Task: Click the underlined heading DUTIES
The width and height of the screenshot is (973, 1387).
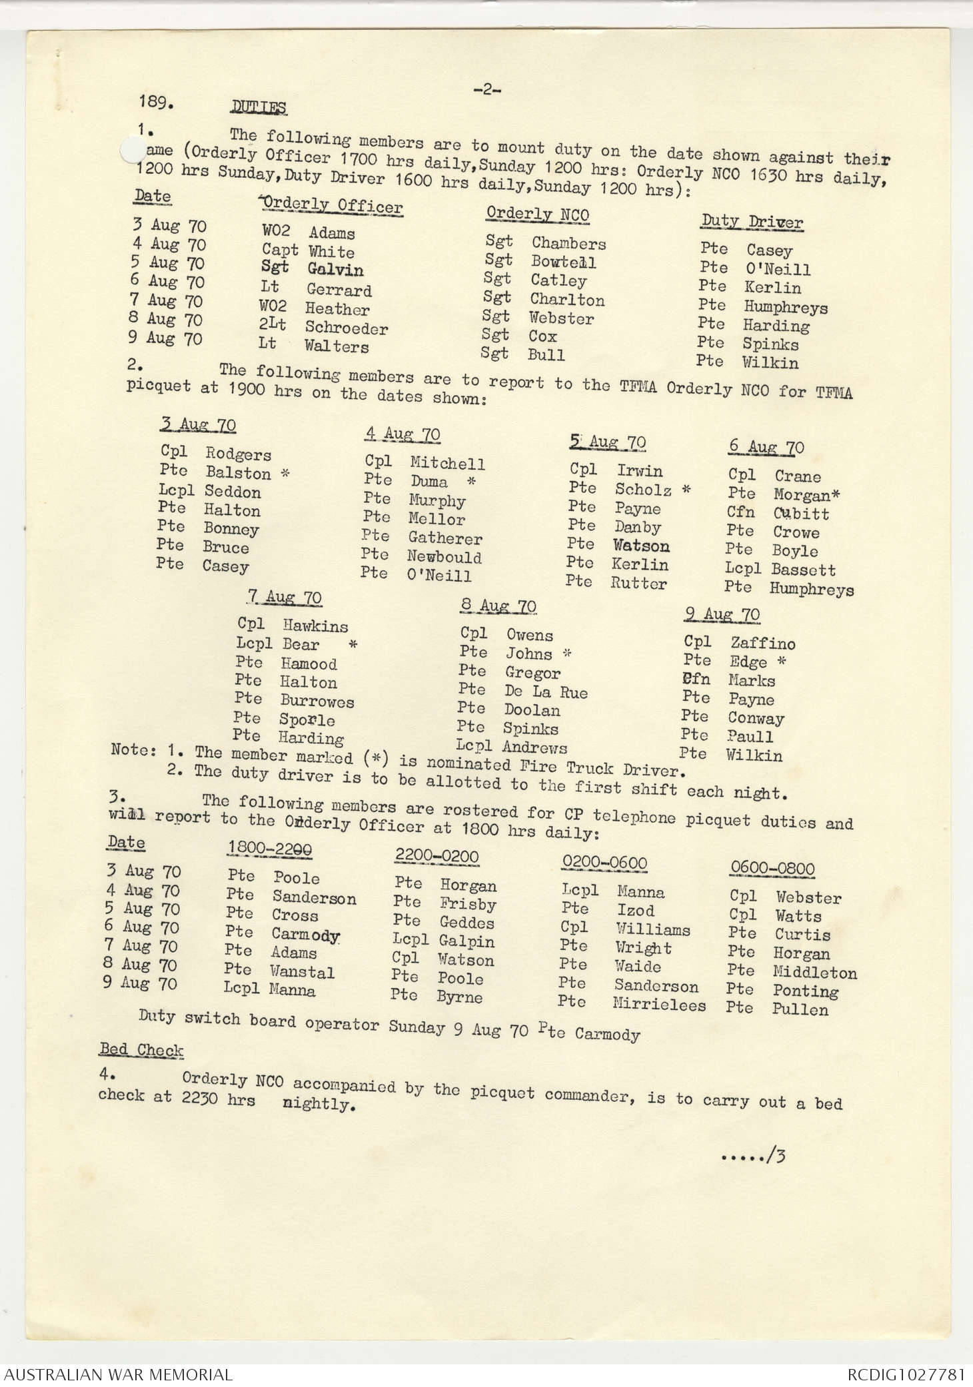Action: pyautogui.click(x=259, y=108)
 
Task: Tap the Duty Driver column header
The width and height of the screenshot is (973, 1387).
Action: pyautogui.click(x=752, y=222)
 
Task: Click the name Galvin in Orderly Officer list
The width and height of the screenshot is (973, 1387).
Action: pyautogui.click(x=335, y=270)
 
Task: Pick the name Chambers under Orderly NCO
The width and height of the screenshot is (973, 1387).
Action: pyautogui.click(x=568, y=243)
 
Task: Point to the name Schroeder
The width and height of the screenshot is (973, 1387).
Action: pyautogui.click(x=346, y=328)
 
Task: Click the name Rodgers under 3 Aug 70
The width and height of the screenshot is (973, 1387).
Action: pyautogui.click(x=238, y=454)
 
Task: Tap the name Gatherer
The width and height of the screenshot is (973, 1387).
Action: pyautogui.click(x=445, y=538)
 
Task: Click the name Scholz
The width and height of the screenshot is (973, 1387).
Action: pyautogui.click(x=642, y=490)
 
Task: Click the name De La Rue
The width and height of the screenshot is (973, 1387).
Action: pyautogui.click(x=546, y=692)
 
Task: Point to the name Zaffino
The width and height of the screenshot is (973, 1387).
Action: pyautogui.click(x=762, y=644)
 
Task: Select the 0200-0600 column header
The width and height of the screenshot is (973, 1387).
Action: pyautogui.click(x=604, y=863)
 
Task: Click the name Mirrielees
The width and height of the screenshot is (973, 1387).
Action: pyautogui.click(x=658, y=1005)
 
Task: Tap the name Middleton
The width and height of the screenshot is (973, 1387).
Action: pyautogui.click(x=814, y=973)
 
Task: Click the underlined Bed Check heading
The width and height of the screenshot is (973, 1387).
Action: pyautogui.click(x=141, y=1050)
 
